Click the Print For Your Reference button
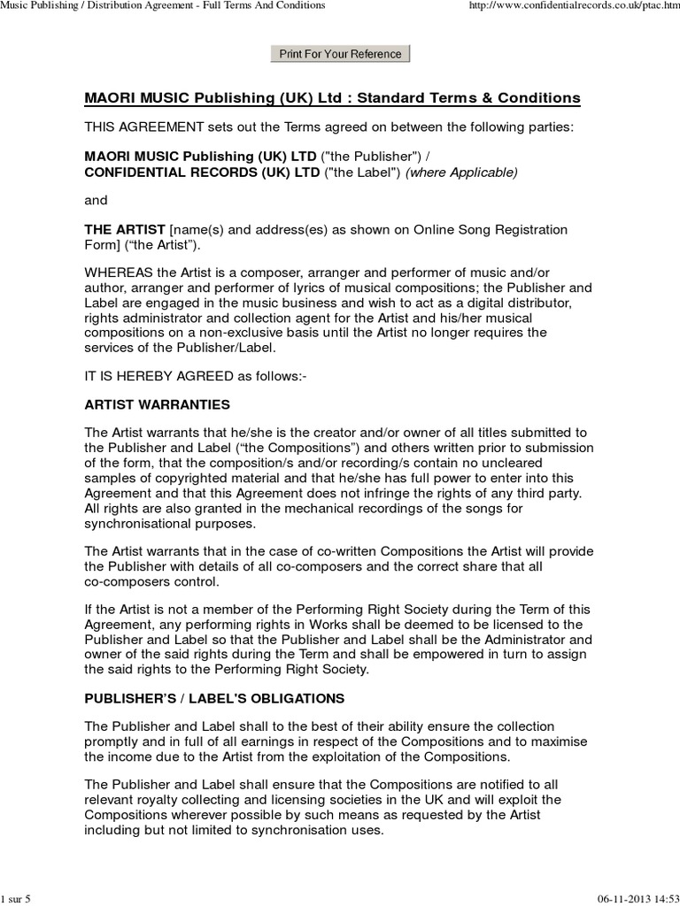[340, 54]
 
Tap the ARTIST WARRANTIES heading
[157, 404]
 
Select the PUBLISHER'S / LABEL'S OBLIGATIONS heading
[214, 698]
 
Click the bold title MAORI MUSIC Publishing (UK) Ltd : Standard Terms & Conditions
[332, 97]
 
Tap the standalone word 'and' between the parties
[96, 200]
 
